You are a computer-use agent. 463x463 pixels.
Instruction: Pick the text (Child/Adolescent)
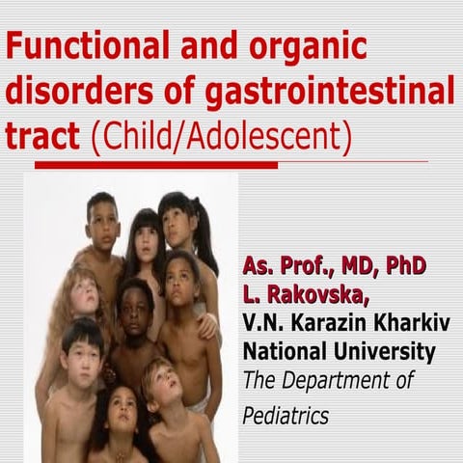point(218,137)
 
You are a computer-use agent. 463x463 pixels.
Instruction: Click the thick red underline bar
point(154,166)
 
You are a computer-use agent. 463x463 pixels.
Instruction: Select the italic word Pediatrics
point(286,416)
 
